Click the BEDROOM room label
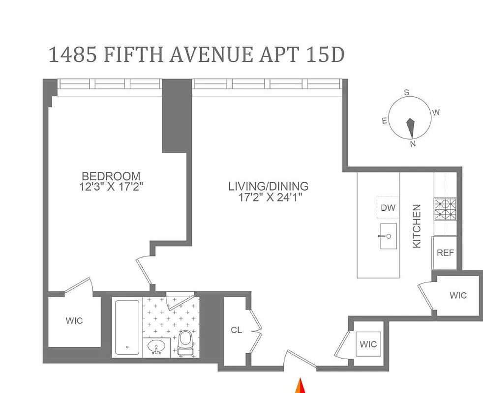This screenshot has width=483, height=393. (x=111, y=176)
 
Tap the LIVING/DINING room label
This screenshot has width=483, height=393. (x=268, y=186)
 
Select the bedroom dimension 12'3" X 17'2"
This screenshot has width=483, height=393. (x=111, y=187)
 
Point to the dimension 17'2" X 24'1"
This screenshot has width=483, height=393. (x=268, y=197)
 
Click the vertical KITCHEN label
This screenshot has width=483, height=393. (x=417, y=226)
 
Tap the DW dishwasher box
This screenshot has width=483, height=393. (x=388, y=208)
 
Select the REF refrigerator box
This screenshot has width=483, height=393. (x=445, y=253)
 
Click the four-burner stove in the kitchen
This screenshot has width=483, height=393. (x=445, y=209)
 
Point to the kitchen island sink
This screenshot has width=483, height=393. (x=388, y=236)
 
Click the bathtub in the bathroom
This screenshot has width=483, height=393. (x=127, y=328)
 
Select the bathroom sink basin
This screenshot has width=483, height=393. (x=157, y=346)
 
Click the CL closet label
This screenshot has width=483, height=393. (x=237, y=330)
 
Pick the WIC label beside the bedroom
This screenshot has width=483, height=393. (x=74, y=321)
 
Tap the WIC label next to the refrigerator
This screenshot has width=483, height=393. (x=458, y=295)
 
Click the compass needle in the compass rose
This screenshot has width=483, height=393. (x=410, y=127)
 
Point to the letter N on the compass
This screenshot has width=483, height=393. (x=413, y=143)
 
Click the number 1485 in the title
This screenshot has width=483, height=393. (x=72, y=55)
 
